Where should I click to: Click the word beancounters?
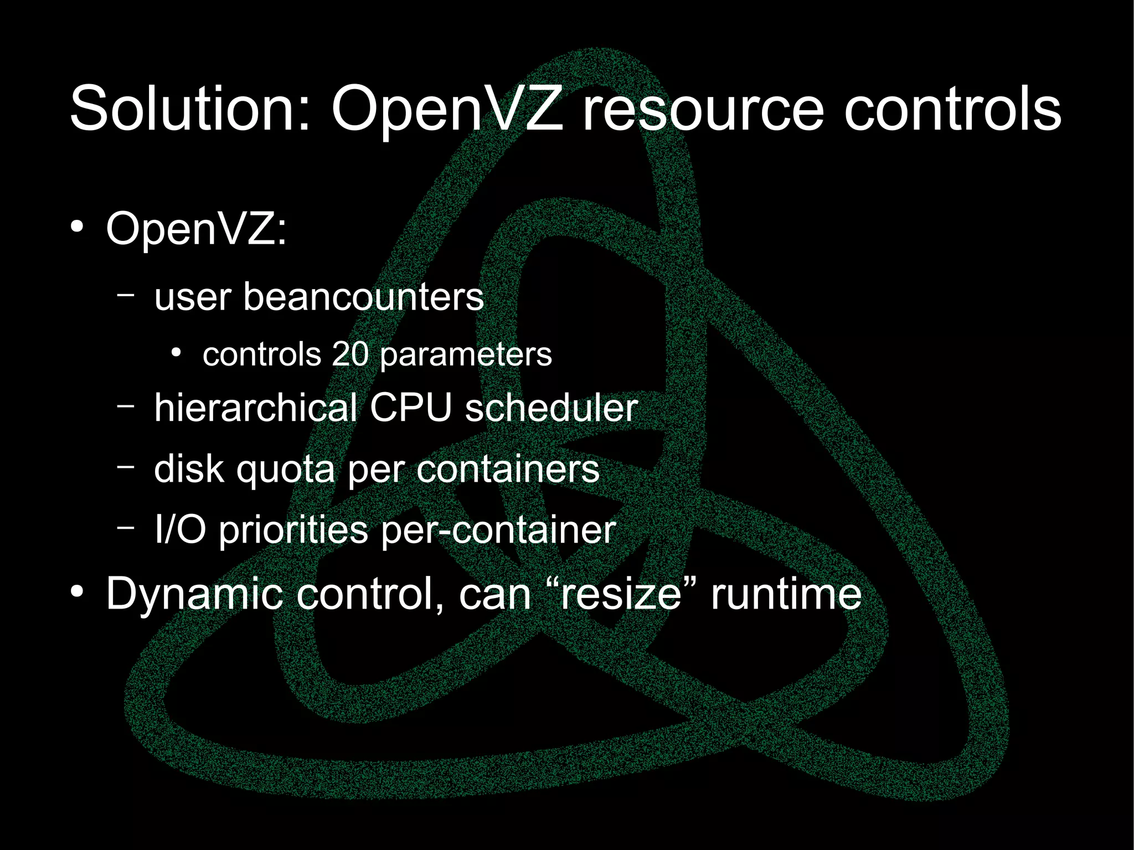pyautogui.click(x=363, y=297)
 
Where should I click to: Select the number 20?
pyautogui.click(x=350, y=354)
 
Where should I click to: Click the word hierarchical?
pyautogui.click(x=255, y=408)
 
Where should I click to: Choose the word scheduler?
pyautogui.click(x=551, y=408)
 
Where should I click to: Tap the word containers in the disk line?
pyautogui.click(x=508, y=469)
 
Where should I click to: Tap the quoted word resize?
pyautogui.click(x=621, y=594)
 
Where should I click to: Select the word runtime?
pyautogui.click(x=786, y=594)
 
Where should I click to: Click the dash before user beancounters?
pyautogui.click(x=126, y=296)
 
